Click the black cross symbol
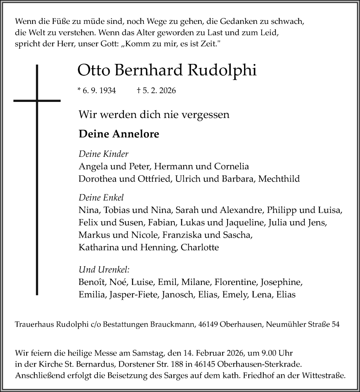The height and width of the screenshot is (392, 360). click(37, 101)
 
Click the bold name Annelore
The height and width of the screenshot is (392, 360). click(136, 134)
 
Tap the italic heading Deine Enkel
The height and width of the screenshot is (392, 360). click(101, 198)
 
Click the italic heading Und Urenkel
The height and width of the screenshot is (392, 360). click(104, 269)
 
